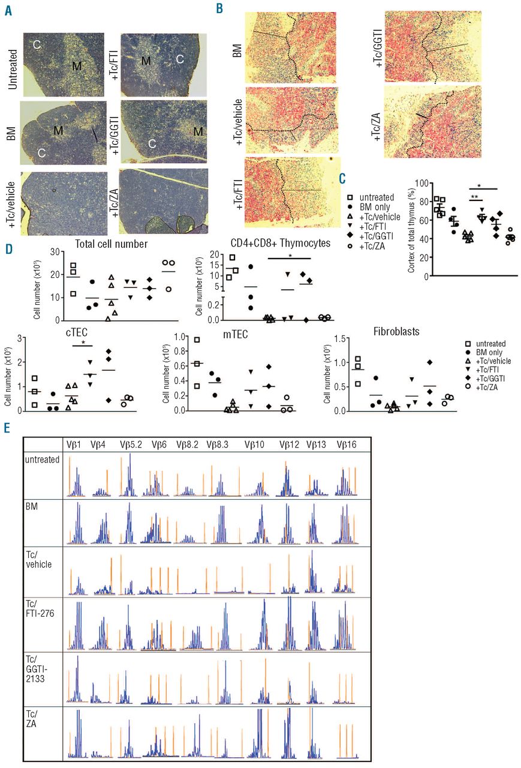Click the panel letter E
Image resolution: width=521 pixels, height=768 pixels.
click(x=7, y=427)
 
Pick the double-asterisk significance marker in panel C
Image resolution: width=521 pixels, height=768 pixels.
click(x=474, y=197)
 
